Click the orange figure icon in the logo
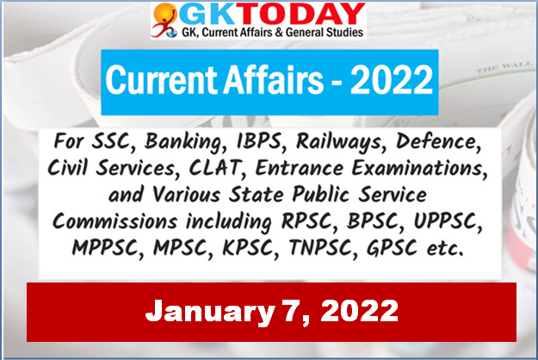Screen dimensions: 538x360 tap(164, 20)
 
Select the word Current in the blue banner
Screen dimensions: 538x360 tap(162, 79)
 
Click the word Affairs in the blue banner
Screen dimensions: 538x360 tap(273, 79)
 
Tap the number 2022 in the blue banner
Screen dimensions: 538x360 tap(392, 79)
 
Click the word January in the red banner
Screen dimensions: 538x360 tap(210, 311)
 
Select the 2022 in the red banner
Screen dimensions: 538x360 tap(359, 311)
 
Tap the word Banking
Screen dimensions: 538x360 tap(185, 142)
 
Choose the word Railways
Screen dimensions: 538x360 tap(339, 142)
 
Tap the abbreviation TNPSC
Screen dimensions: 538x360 tap(320, 248)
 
